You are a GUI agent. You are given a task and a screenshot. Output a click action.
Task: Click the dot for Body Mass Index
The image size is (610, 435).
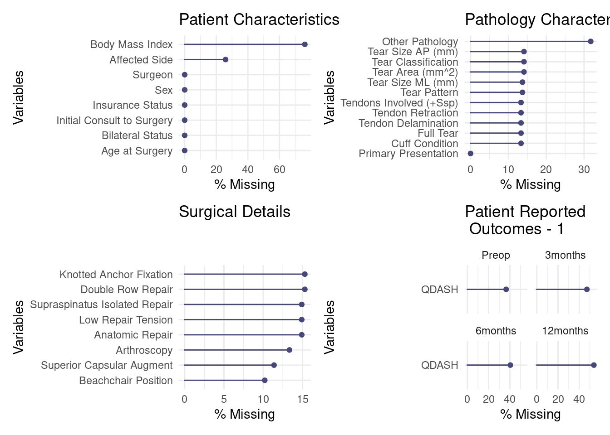tap(305, 44)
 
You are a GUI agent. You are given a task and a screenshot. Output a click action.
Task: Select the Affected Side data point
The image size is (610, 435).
tap(225, 60)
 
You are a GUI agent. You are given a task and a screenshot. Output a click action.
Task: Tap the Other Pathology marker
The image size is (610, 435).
tap(590, 42)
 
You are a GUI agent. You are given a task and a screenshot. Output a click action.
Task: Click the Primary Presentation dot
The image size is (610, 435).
tap(471, 154)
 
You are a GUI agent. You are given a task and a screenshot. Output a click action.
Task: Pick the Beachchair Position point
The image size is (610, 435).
tap(265, 381)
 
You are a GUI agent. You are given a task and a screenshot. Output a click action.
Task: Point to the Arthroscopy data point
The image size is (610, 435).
tap(289, 350)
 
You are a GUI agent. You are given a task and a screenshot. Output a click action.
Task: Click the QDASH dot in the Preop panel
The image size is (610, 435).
tap(506, 290)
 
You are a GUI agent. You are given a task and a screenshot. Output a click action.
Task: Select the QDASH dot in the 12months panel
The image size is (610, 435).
tap(594, 365)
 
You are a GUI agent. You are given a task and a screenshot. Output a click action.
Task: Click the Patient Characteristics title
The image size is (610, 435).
tap(259, 20)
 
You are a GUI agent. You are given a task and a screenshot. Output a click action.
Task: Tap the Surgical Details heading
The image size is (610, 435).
tap(235, 212)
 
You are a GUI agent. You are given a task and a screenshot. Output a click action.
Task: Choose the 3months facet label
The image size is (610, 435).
tap(565, 256)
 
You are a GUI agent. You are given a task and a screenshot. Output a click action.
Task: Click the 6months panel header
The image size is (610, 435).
tap(496, 331)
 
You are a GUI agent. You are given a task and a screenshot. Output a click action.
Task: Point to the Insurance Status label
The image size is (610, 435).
tap(133, 106)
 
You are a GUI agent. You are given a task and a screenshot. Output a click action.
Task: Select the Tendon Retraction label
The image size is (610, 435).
tap(415, 113)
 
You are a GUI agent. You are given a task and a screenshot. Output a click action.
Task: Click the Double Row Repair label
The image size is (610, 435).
tap(127, 290)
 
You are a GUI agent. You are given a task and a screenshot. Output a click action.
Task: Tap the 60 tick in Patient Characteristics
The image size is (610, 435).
tap(280, 170)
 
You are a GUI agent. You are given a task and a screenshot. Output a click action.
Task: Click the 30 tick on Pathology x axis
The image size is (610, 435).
tap(584, 170)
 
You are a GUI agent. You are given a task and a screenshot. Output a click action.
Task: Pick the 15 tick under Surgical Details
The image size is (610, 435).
tap(303, 400)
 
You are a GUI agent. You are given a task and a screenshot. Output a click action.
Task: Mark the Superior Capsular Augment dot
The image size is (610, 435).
tap(274, 365)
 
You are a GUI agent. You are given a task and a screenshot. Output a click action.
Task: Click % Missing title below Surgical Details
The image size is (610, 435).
tap(245, 415)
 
